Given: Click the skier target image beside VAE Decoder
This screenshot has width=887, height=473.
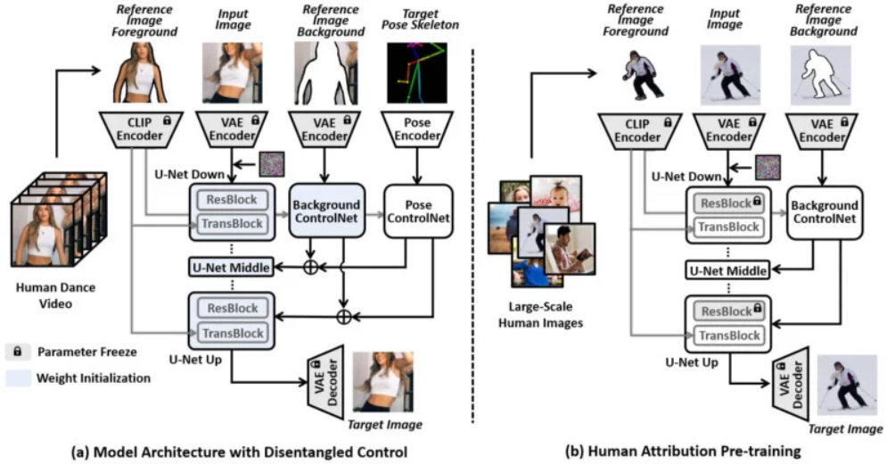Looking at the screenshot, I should click(x=842, y=382).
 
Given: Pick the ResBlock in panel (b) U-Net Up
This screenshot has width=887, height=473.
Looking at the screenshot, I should click(x=726, y=311).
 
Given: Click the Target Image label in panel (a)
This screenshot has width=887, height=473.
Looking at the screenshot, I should click(x=384, y=425).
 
